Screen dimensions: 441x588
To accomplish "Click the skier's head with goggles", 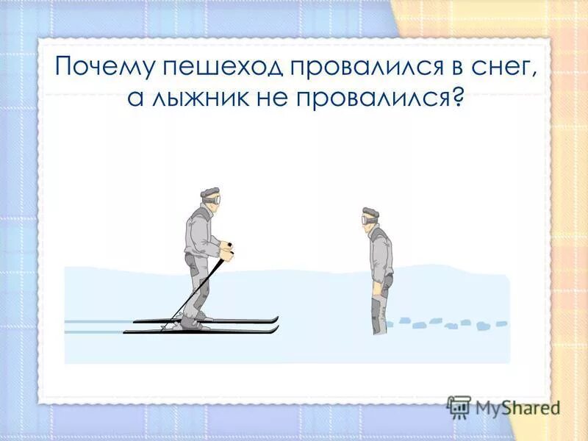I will (x=210, y=196).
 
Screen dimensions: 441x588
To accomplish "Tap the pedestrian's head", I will (x=370, y=216).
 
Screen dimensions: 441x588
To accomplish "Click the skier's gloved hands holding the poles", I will (x=229, y=251).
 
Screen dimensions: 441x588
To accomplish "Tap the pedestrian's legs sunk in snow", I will (x=379, y=312).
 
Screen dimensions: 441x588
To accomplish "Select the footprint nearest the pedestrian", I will (x=401, y=323).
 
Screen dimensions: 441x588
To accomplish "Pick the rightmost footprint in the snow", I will (x=501, y=323).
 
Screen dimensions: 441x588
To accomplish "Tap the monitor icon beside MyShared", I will (x=459, y=406).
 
